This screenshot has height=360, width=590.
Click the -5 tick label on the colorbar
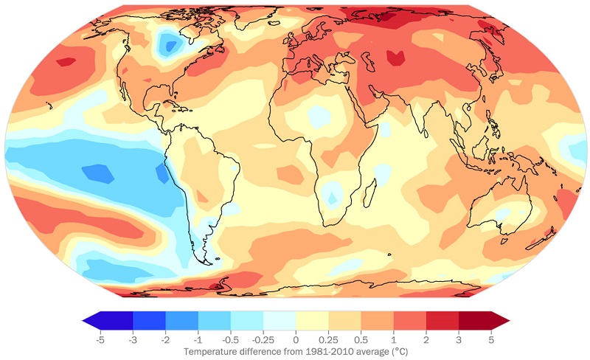coord(100,341)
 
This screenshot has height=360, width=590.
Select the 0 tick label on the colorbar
coord(296,341)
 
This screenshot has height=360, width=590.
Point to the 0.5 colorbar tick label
coord(361,341)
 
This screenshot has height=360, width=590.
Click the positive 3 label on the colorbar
coord(458,341)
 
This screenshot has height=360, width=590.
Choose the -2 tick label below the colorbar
coord(165,341)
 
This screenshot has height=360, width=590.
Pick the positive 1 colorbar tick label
coord(393,341)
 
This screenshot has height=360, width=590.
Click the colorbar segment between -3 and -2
coord(149,319)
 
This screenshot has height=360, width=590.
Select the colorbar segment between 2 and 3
coord(442,319)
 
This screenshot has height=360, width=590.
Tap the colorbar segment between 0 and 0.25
coord(312,319)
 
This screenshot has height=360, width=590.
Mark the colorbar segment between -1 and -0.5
coord(214,319)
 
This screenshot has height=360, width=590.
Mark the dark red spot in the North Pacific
coord(66,62)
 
